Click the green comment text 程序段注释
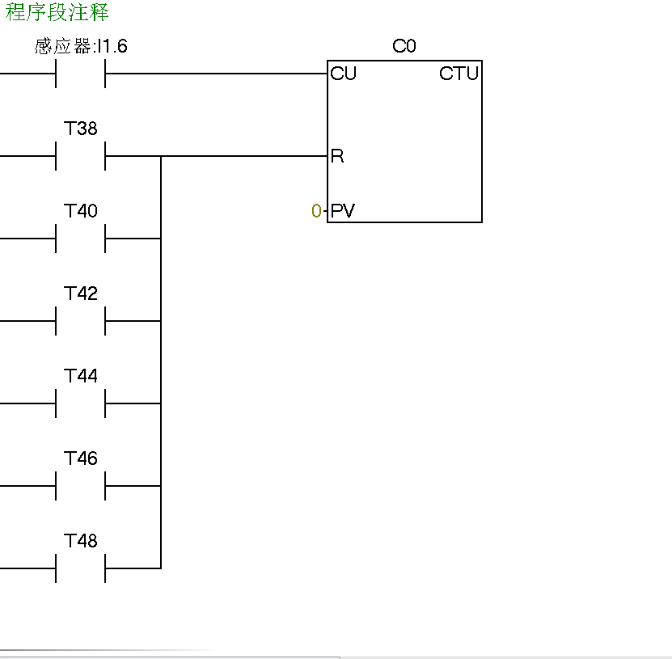click(57, 13)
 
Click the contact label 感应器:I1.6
click(81, 47)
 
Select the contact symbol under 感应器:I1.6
click(81, 74)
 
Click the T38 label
click(81, 129)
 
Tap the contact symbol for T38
click(81, 156)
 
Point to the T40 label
click(81, 211)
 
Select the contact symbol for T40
click(81, 239)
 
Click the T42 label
click(81, 294)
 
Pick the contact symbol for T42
click(81, 321)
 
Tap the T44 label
click(81, 376)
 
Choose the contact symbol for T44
click(81, 403)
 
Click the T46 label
click(81, 458)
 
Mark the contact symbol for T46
click(81, 486)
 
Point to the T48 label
click(81, 541)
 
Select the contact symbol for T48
click(81, 568)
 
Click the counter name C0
click(404, 46)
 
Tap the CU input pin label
click(343, 74)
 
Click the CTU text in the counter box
click(459, 74)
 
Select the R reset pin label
click(337, 156)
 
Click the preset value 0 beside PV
click(316, 212)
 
